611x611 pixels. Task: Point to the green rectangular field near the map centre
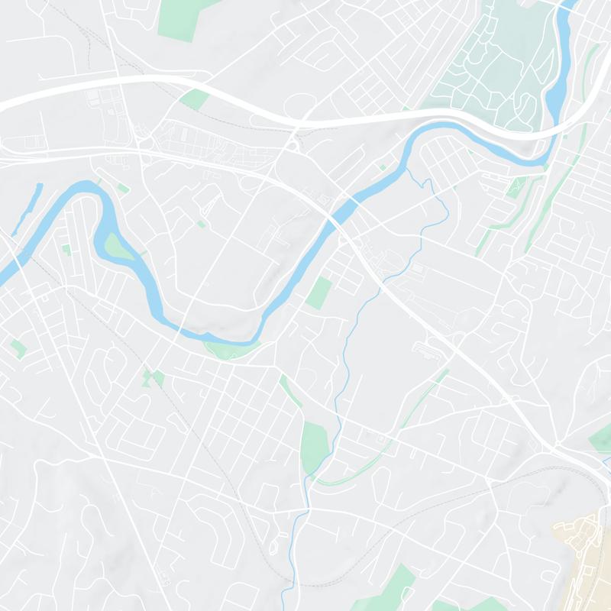(319, 293)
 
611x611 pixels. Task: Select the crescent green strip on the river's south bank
(229, 350)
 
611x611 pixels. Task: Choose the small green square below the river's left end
(18, 348)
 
